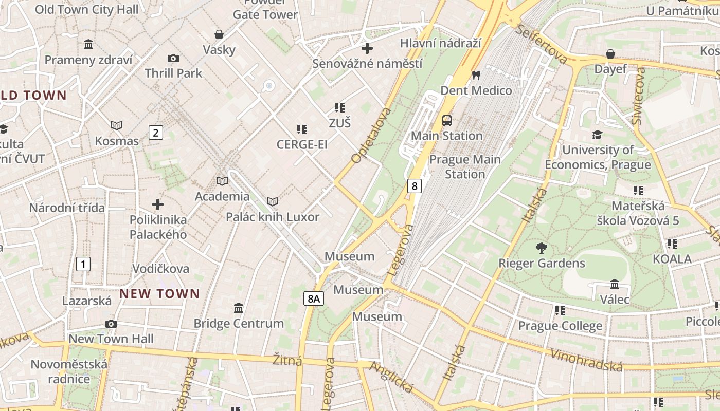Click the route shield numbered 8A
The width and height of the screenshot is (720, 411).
pos(313,298)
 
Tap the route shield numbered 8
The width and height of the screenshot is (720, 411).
pos(414,185)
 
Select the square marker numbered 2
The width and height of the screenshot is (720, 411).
pos(155,133)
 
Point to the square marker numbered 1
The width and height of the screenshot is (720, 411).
pos(83,264)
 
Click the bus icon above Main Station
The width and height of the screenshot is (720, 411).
pos(447,121)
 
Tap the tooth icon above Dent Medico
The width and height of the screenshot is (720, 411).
pos(476,75)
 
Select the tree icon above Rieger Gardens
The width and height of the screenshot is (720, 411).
pos(541,248)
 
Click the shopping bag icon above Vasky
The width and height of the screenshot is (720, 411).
pos(219,34)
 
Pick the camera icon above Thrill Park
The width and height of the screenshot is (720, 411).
pos(173,58)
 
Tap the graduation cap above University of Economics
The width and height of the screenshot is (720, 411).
pos(597,135)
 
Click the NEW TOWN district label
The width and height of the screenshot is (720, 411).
pos(159,294)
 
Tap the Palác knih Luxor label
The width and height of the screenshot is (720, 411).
pos(273,217)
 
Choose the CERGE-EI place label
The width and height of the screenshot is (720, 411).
pos(302,144)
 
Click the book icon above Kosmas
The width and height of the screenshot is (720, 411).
pos(117,125)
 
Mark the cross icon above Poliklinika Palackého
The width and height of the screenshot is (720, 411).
pos(158,204)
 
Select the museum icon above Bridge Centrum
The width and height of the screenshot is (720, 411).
pos(239,308)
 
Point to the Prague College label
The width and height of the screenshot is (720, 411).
pos(560,326)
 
